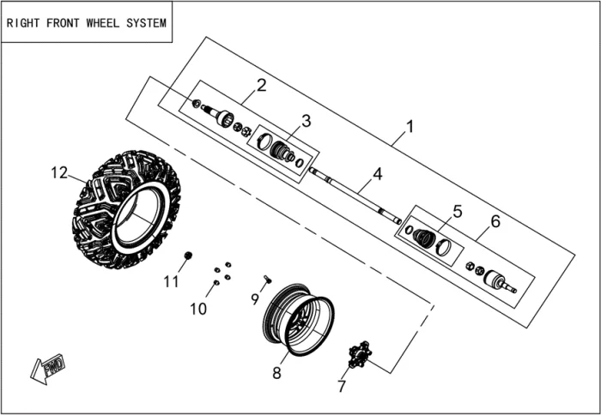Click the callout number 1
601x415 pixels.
[x=410, y=127]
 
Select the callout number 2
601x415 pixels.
[x=261, y=85]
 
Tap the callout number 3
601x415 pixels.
[x=306, y=121]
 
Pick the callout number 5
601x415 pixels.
[x=457, y=211]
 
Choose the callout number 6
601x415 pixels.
[x=495, y=221]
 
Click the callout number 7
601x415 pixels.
[x=342, y=386]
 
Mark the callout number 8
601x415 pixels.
[x=276, y=373]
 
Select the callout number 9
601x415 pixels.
[x=254, y=298]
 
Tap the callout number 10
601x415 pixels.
[x=198, y=309]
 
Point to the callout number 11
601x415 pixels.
[x=172, y=281]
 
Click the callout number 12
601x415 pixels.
[x=58, y=172]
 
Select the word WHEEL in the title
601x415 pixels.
[x=109, y=23]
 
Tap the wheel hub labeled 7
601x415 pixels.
[x=358, y=352]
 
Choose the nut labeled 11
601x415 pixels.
[x=188, y=256]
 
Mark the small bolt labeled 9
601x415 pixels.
[x=268, y=279]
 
